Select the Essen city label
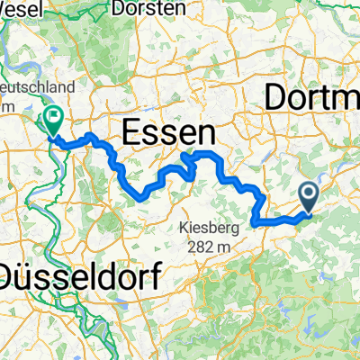pyautogui.click(x=167, y=135)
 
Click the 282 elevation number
pyautogui.click(x=199, y=246)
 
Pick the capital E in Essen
pyautogui.click(x=130, y=135)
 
